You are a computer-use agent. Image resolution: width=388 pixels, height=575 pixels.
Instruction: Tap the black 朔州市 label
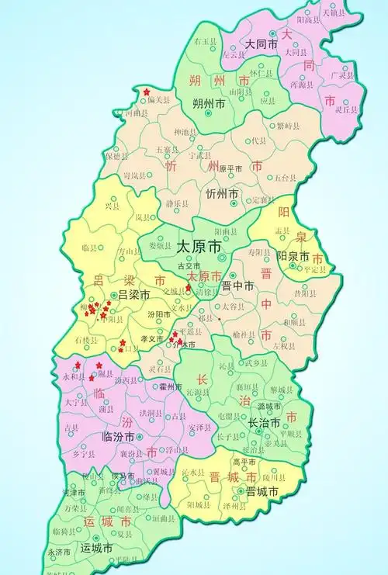210,102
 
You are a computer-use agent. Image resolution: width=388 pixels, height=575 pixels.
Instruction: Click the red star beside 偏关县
146,92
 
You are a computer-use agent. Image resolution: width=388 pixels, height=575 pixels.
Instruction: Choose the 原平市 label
230,168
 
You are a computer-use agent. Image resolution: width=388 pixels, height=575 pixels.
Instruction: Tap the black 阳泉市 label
293,256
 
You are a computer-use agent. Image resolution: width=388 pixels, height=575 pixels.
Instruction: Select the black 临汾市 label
119,437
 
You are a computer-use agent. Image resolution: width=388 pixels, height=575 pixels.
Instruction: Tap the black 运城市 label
98,548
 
